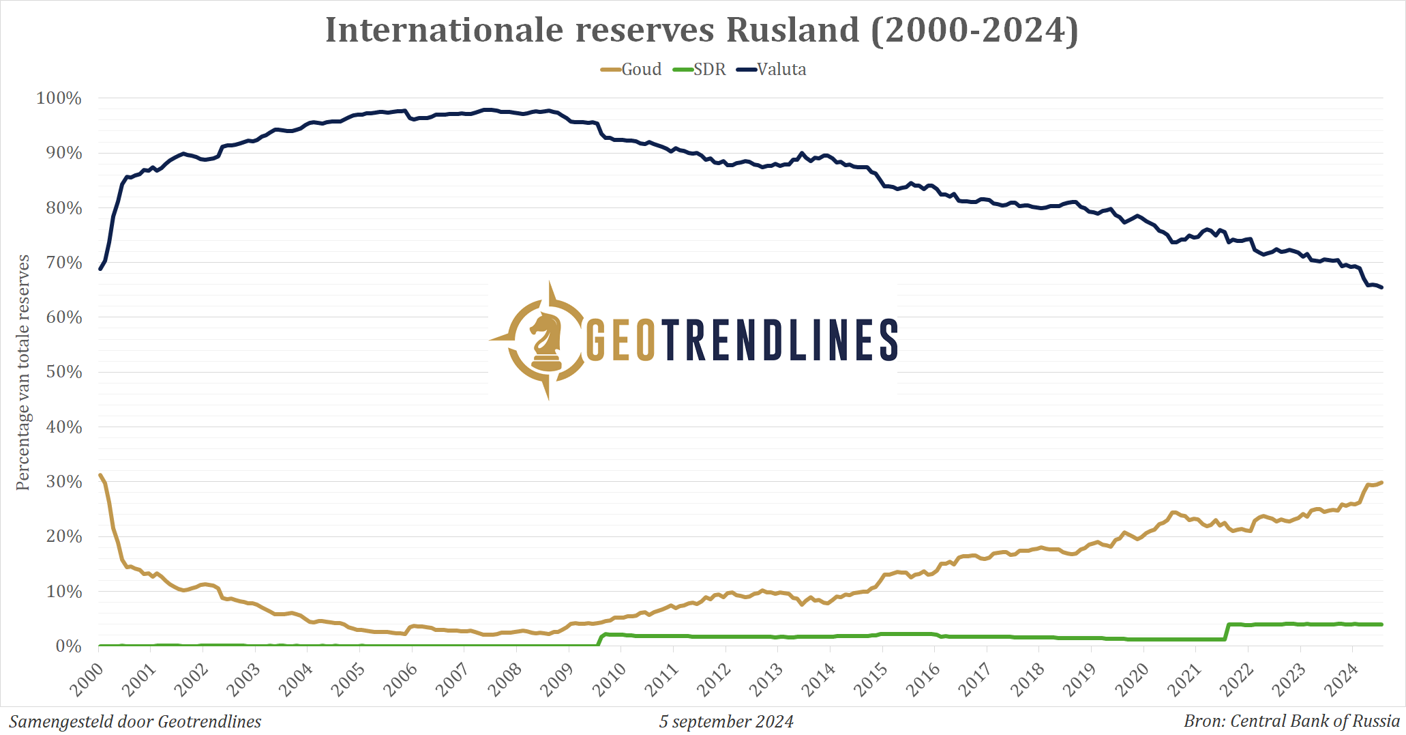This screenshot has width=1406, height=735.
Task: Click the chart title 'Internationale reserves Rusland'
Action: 702,30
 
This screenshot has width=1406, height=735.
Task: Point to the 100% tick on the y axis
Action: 59,98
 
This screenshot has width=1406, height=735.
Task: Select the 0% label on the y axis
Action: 68,646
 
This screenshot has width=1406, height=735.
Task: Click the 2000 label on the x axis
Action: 87,679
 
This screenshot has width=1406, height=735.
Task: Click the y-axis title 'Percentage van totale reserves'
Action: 23,372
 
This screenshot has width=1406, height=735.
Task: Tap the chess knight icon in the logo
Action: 545,339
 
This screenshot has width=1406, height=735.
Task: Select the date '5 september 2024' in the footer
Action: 726,721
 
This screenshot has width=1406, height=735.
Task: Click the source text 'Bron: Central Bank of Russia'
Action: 1291,721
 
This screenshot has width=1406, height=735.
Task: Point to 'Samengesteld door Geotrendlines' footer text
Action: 135,721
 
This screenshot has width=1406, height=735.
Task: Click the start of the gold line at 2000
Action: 100,475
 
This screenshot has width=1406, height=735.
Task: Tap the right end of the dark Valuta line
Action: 1381,287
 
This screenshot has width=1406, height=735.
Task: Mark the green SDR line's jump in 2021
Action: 1227,632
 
